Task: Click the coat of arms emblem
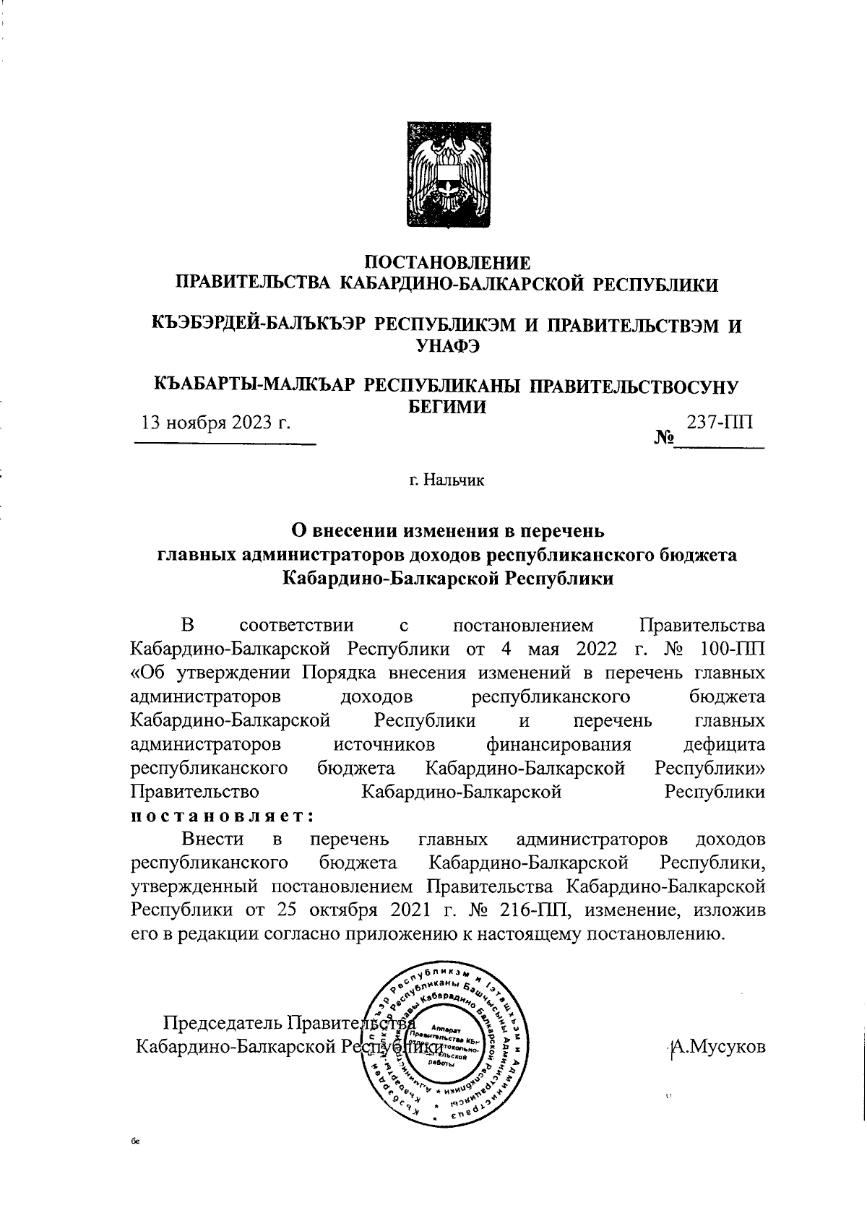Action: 448,174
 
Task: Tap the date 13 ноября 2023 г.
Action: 216,422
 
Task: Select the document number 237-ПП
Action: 719,422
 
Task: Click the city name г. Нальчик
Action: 447,480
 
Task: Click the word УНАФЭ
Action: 448,347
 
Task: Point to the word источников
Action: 384,744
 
